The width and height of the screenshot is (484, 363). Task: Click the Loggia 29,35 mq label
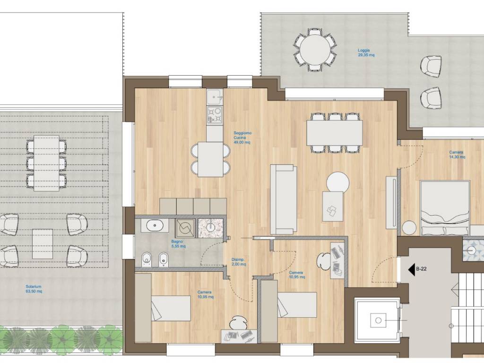[x=366, y=53]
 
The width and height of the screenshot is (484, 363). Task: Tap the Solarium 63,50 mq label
[x=34, y=289]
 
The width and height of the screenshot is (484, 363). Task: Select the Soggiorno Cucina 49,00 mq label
[x=242, y=138]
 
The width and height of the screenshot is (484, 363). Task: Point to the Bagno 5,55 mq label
[x=178, y=244]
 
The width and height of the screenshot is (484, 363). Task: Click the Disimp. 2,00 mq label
[x=239, y=262]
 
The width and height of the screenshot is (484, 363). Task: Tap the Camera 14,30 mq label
[x=457, y=155]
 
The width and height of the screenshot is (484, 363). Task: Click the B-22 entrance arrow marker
[x=412, y=269]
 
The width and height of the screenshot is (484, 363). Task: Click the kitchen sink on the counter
[x=215, y=97]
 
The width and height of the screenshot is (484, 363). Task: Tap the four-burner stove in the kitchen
[x=215, y=114]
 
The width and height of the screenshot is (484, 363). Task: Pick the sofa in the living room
[x=284, y=199]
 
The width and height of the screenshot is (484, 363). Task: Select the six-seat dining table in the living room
[x=335, y=132]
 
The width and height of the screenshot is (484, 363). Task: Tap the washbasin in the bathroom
[x=155, y=225]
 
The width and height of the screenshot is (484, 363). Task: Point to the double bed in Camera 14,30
[x=445, y=208]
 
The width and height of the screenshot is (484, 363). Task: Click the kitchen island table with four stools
[x=210, y=159]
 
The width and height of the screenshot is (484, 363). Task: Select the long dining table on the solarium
[x=46, y=163]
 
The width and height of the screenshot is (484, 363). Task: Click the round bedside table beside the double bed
[x=409, y=228]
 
